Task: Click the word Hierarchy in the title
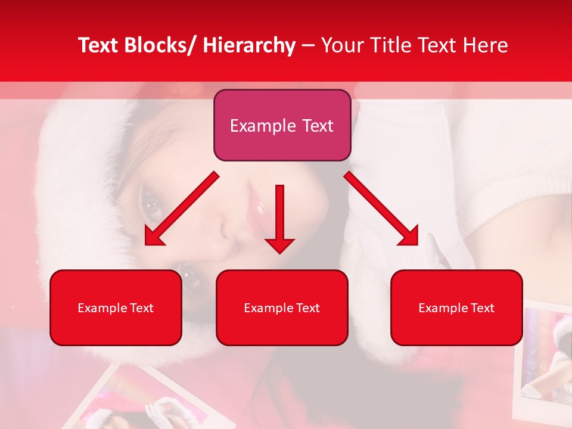(249, 46)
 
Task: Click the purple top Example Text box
(282, 126)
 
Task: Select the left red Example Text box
(116, 308)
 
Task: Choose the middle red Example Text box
(282, 308)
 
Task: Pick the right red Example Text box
(456, 308)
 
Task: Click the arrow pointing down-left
(182, 209)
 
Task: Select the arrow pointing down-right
(381, 209)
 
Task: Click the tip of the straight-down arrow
(279, 253)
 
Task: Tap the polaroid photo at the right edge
(545, 357)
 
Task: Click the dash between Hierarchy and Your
(308, 46)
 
